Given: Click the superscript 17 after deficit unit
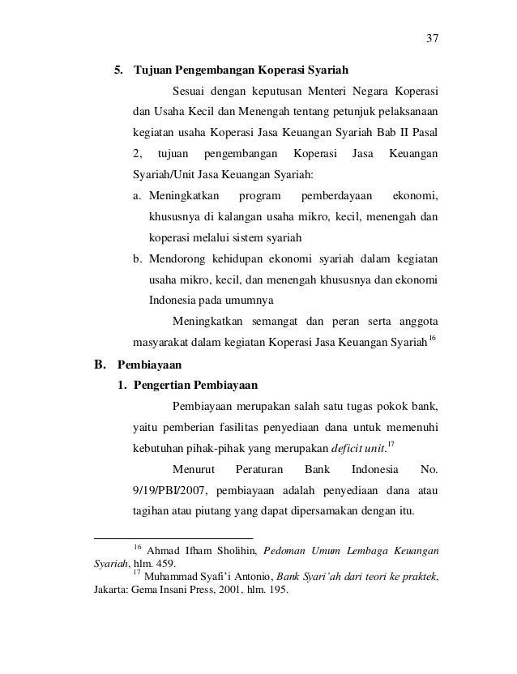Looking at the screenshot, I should click(391, 442).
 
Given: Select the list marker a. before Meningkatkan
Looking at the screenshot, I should click(139, 196).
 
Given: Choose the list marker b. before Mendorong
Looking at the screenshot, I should click(139, 259).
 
